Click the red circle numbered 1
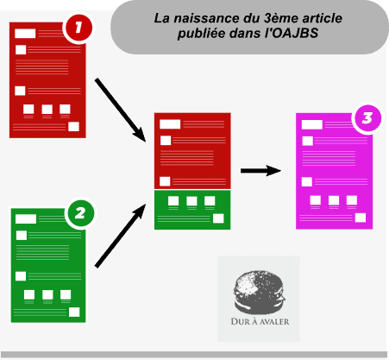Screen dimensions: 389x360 (78, 28)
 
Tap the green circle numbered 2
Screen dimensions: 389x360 (80, 213)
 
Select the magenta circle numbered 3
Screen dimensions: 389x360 (367, 118)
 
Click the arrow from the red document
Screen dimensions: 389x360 (121, 110)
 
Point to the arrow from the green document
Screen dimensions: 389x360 (121, 236)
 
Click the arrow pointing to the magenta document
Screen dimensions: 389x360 (260, 171)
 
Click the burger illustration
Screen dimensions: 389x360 (260, 292)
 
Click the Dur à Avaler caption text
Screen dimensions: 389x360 (260, 321)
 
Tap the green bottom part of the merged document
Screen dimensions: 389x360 (192, 210)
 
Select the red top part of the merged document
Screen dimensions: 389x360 (192, 151)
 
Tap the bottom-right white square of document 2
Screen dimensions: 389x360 (74, 312)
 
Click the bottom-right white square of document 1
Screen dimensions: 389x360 (73, 127)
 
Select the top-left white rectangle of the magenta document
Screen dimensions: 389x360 (312, 125)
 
